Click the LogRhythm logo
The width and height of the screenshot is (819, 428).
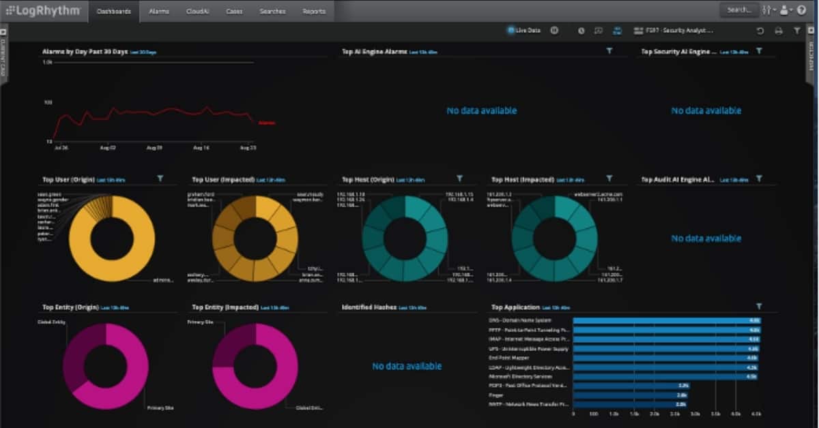pos(43,10)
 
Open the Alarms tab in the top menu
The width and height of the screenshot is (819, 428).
pos(159,11)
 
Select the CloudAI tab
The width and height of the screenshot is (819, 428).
pos(197,11)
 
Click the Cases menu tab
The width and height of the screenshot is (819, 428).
pos(234,11)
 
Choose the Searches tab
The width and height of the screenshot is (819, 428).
pos(272,11)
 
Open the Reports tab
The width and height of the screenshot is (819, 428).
pos(314,11)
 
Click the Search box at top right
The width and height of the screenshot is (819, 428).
pos(738,10)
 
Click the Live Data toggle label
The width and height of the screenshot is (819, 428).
pos(528,30)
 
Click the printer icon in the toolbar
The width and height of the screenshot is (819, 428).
pos(779,31)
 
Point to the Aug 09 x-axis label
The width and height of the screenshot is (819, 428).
pos(155,147)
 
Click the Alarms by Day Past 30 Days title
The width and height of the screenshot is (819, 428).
pos(85,51)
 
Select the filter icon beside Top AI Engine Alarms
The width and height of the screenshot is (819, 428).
pos(609,50)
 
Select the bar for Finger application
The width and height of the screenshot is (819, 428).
pos(631,395)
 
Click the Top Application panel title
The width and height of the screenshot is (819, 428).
pos(515,307)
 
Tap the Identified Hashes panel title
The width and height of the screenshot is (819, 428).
pos(368,307)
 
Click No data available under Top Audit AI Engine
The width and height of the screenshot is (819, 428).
pos(706,239)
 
